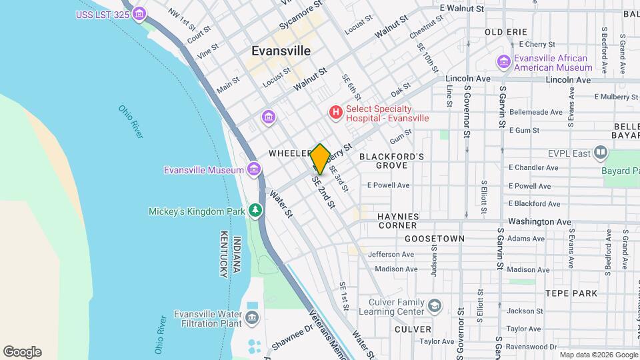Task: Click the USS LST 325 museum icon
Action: [139, 13]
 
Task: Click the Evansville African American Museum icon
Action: [504, 62]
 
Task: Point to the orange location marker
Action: [320, 159]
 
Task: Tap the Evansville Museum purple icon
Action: [253, 170]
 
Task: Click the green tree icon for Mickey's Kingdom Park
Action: [254, 211]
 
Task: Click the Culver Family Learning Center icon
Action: [435, 306]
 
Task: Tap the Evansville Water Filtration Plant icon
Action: [253, 318]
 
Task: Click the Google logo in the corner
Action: [22, 352]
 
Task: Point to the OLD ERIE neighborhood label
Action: [506, 32]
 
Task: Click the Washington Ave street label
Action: [540, 221]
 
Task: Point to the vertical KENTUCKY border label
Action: [223, 254]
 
